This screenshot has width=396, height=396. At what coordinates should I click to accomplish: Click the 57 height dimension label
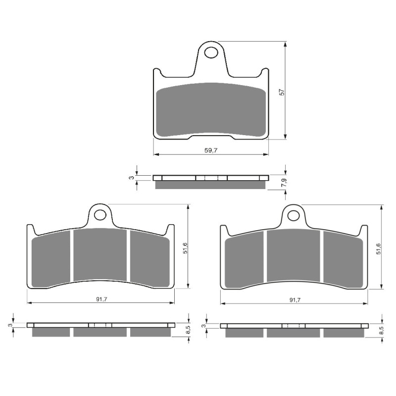pos(281,92)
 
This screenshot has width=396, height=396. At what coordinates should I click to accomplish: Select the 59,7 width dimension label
pos(211,150)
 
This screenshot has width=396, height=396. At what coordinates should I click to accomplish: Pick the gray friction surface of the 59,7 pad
pos(211,110)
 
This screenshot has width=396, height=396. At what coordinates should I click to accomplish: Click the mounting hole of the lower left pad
pos(100,215)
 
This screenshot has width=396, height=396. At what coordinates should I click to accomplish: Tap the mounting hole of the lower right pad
pos(294,215)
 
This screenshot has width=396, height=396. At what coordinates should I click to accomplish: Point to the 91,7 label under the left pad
pos(100,299)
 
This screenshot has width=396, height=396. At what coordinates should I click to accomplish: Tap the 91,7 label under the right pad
pos(294,299)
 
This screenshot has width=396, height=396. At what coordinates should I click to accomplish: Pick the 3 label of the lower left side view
pos(10,325)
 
